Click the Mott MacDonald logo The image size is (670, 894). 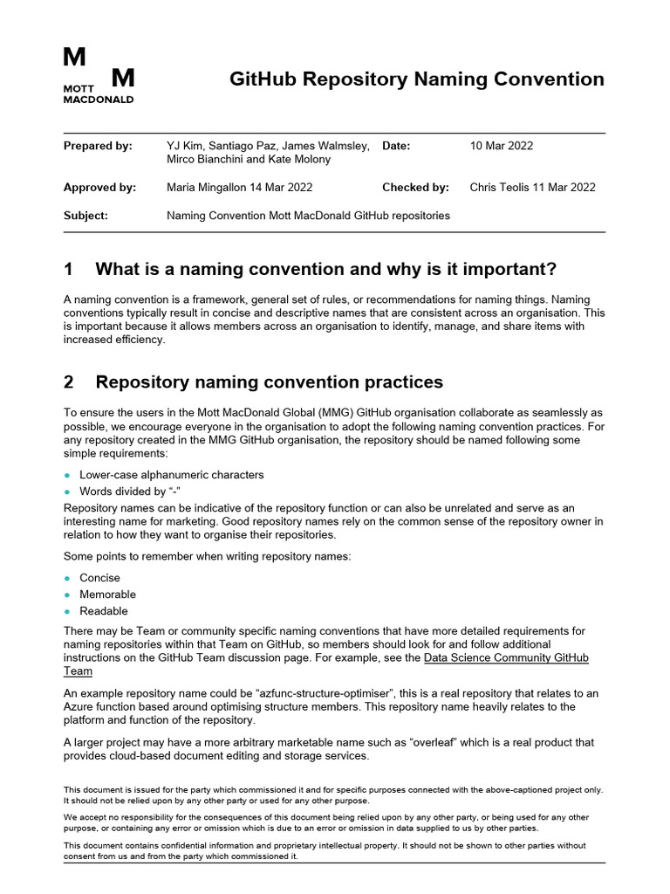click(99, 76)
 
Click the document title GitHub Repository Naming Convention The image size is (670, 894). click(416, 79)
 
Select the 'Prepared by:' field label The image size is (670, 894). click(98, 146)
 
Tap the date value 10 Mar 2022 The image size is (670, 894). click(501, 146)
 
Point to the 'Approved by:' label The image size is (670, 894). click(99, 187)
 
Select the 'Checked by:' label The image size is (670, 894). click(415, 187)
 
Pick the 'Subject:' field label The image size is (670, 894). click(85, 216)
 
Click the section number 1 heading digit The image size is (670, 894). click(69, 268)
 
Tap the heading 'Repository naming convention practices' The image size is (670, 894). click(269, 382)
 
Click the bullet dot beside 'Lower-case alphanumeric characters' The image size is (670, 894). click(68, 475)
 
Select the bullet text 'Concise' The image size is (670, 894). click(99, 578)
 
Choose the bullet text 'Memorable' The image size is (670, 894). click(107, 595)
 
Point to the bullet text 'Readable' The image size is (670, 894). click(103, 611)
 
